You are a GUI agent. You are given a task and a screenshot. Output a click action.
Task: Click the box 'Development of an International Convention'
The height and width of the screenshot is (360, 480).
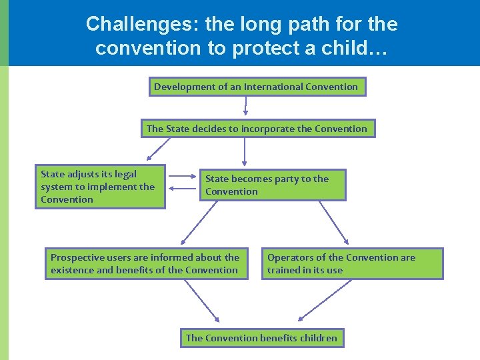pos(257,87)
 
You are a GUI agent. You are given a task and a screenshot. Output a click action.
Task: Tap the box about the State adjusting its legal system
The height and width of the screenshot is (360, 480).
pos(100,187)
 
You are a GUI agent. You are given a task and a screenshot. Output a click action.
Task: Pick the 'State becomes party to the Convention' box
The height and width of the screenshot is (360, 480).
pos(273,185)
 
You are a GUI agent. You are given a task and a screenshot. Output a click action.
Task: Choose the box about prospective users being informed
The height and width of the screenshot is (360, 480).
pos(145,263)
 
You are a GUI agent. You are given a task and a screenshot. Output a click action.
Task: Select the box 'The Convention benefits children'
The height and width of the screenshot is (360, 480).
pos(262,338)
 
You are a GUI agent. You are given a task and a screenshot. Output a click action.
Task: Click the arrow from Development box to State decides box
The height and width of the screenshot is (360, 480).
pos(246,107)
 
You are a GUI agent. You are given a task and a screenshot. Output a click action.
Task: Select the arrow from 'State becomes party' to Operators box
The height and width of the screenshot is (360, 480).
pos(334,221)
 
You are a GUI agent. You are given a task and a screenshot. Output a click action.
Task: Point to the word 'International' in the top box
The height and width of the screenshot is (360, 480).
pos(273,87)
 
